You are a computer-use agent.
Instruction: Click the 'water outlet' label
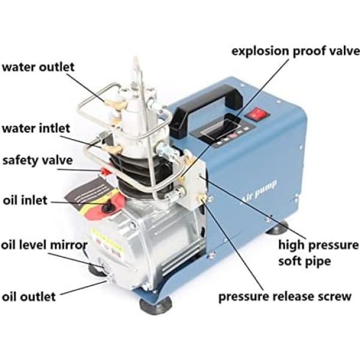(38, 67)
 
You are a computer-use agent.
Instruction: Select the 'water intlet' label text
(36, 128)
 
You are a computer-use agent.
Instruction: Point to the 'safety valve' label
(38, 160)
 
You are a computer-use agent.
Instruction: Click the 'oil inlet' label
(25, 200)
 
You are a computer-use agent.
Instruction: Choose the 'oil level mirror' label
(44, 245)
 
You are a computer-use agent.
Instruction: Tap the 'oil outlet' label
(29, 296)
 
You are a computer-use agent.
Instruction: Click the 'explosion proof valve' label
(296, 51)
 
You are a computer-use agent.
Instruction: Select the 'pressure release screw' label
(285, 296)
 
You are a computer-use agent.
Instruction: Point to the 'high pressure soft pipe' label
(318, 253)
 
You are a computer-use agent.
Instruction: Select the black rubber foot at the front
(156, 305)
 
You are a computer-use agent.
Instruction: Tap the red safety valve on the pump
(104, 171)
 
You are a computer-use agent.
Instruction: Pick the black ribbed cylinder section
(142, 175)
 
